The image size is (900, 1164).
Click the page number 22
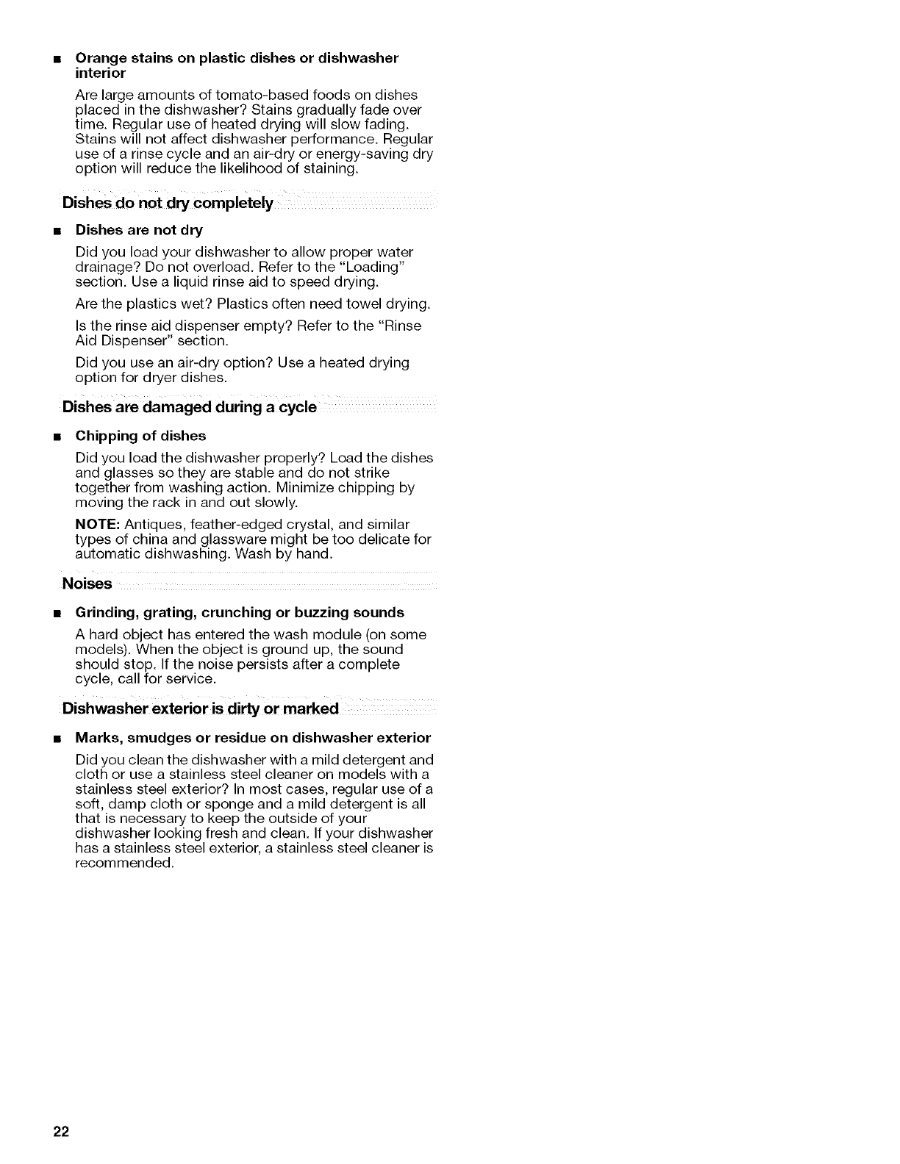point(60,1132)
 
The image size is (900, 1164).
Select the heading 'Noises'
point(87,584)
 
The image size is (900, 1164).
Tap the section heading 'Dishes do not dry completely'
point(168,203)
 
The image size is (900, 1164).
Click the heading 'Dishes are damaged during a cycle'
point(190,408)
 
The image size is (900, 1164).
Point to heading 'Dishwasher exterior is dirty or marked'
point(201,709)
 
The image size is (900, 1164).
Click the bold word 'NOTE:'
point(98,524)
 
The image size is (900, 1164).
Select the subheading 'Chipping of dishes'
point(140,436)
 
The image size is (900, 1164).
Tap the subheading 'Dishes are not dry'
point(139,230)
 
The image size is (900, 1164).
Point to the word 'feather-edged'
point(229,524)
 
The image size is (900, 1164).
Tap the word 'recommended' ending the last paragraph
point(124,863)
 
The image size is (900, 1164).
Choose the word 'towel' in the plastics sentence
point(367,303)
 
